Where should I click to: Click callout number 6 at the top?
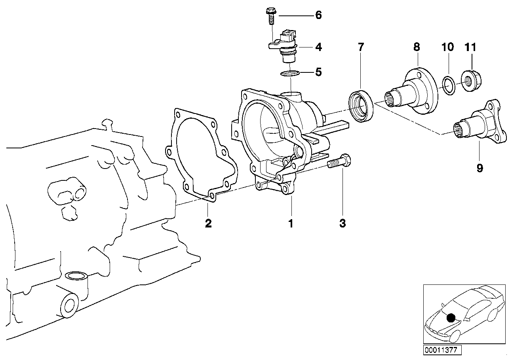[x=318, y=15]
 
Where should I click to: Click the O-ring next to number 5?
[x=290, y=73]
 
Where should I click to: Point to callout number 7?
[x=360, y=47]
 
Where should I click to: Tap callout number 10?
[x=447, y=47]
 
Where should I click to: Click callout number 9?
[x=480, y=168]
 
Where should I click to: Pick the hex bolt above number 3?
[x=341, y=161]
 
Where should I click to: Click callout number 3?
[x=343, y=224]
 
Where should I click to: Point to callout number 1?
[x=291, y=224]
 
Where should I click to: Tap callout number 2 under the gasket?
[x=208, y=224]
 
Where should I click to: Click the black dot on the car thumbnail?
[x=450, y=317]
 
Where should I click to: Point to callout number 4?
[x=318, y=47]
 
